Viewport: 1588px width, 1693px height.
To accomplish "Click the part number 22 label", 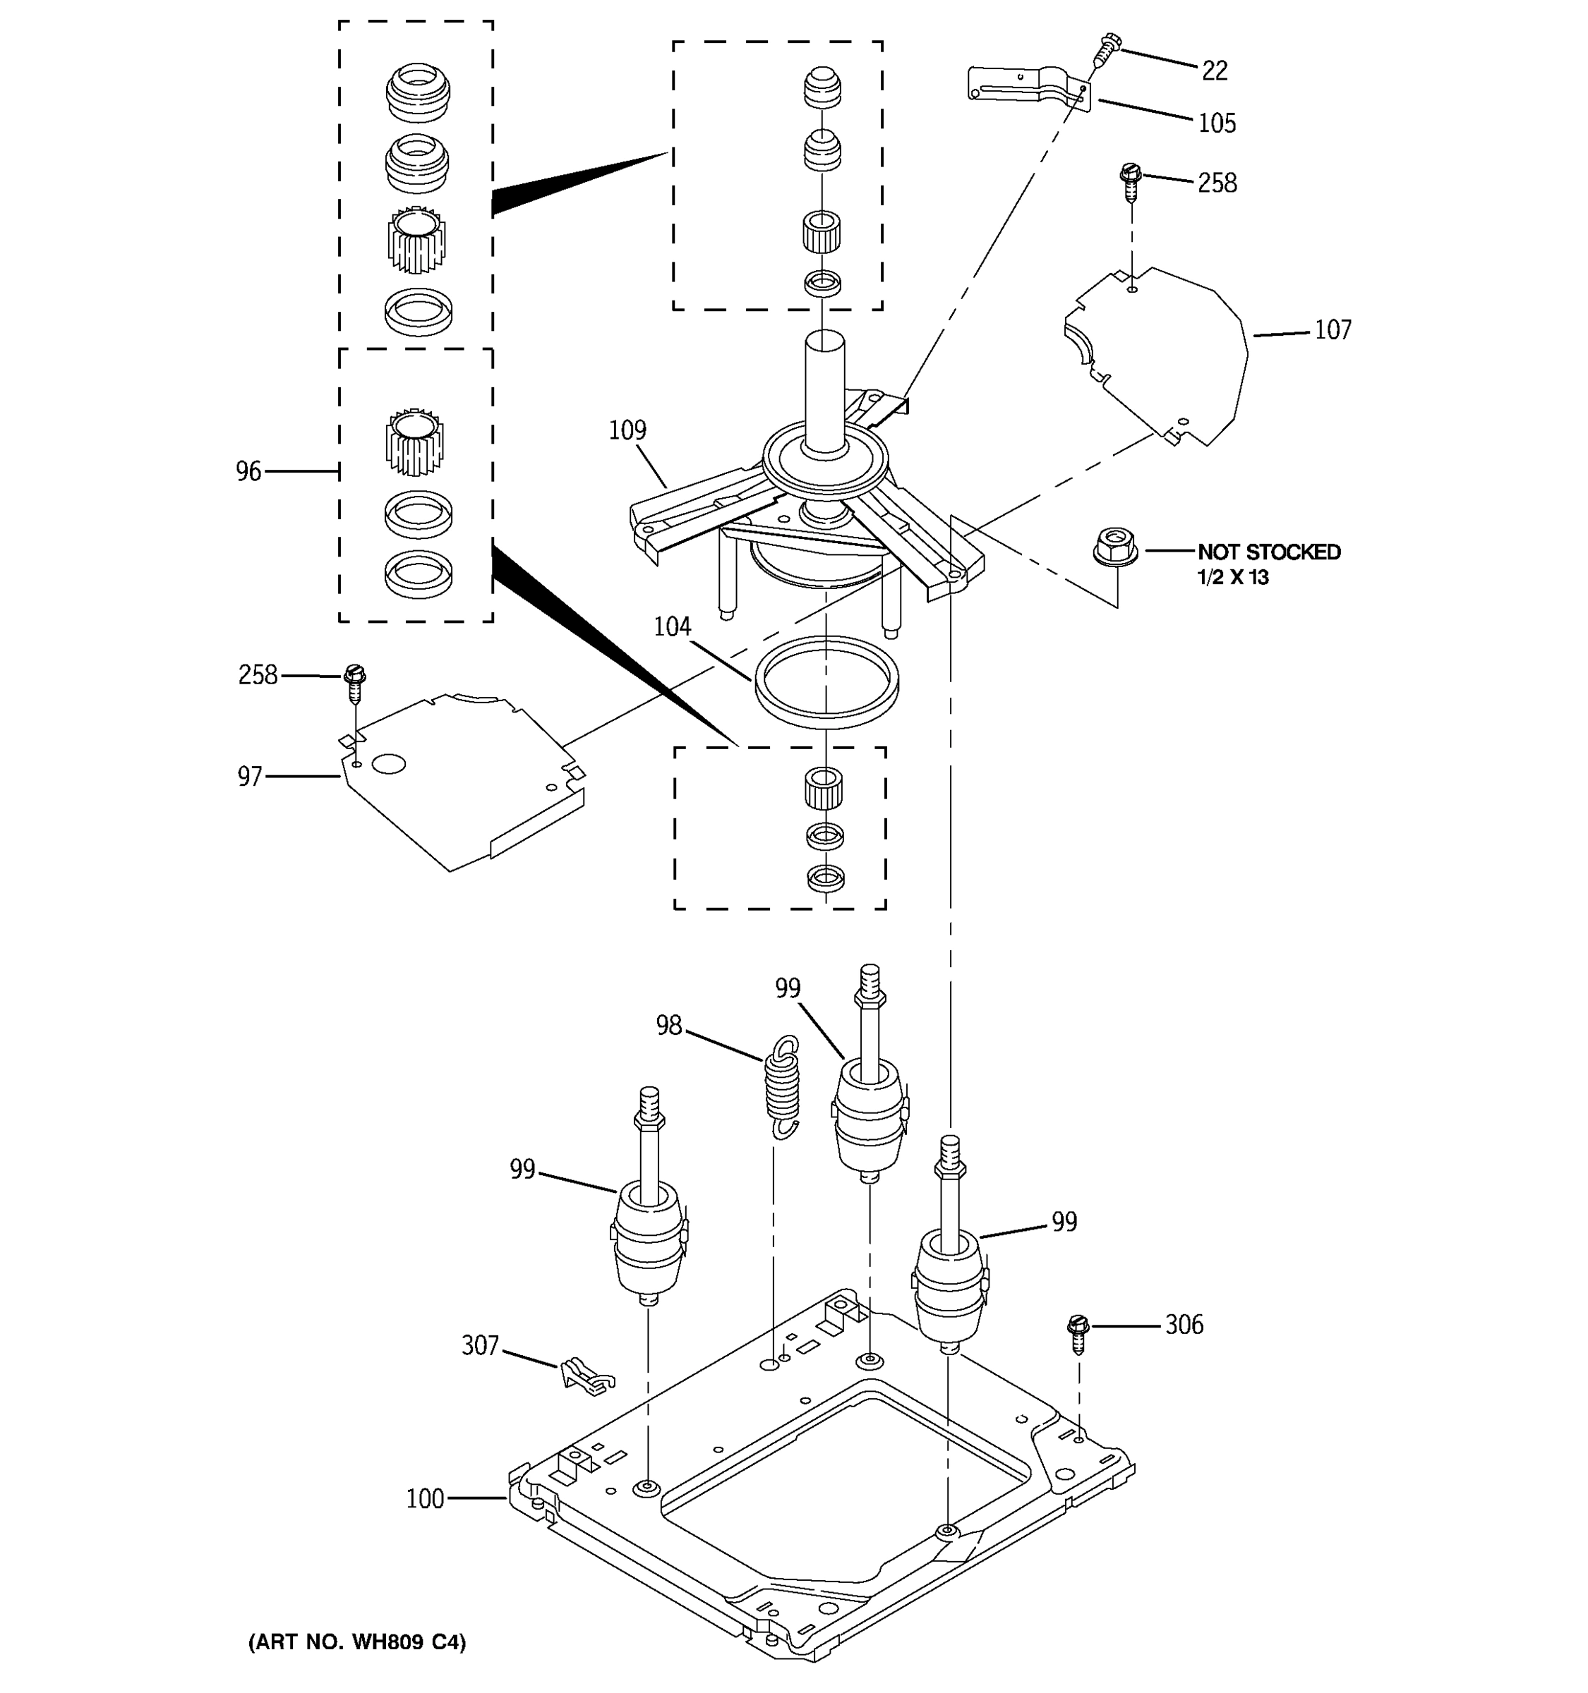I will point(1214,71).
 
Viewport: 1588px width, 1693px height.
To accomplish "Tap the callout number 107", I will point(1333,329).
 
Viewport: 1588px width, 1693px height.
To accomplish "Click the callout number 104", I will point(671,627).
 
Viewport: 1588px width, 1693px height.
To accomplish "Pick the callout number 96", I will point(248,471).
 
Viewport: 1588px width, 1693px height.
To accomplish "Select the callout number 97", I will point(250,777).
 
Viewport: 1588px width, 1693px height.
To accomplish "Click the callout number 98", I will point(669,1026).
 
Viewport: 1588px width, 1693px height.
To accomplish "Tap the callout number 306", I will point(1184,1324).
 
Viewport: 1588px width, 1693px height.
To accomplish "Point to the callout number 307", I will point(480,1345).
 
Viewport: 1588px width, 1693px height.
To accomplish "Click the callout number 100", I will point(425,1499).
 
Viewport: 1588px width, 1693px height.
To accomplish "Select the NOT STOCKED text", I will point(1268,552).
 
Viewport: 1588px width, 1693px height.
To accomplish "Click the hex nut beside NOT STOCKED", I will point(1115,545).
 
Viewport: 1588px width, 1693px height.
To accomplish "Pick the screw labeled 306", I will point(1078,1335).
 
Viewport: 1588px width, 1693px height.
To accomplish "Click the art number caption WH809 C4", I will point(357,1642).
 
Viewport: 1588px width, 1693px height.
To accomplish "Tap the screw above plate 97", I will point(354,682).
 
